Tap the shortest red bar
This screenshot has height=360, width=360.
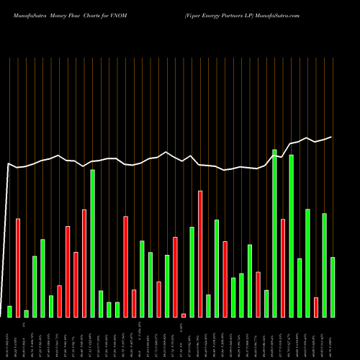(184, 315)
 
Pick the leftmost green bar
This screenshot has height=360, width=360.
(9, 311)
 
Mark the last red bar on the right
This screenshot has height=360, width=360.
(316, 307)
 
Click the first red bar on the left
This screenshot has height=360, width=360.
(18, 267)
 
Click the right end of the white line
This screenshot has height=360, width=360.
(332, 137)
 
